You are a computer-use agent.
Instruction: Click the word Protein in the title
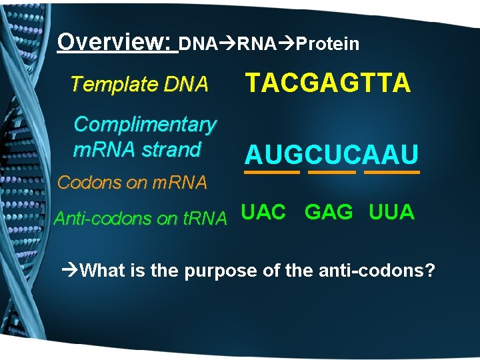[x=327, y=44]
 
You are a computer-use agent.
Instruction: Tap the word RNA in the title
[x=256, y=44]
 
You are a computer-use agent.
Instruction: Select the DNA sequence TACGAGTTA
[x=329, y=84]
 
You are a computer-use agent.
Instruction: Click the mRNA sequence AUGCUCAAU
[x=331, y=155]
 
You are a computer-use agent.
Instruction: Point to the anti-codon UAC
[x=263, y=213]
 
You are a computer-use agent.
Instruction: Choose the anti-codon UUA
[x=391, y=213]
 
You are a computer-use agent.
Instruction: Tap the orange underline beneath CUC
[x=332, y=172]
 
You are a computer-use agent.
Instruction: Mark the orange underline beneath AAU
[x=392, y=172]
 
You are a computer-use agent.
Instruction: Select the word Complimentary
[x=145, y=124]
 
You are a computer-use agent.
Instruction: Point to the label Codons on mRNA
[x=132, y=181]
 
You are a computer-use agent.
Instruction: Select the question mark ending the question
[x=431, y=271]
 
